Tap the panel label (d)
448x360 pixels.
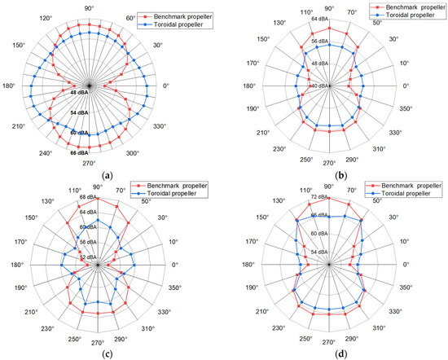click(330, 353)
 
